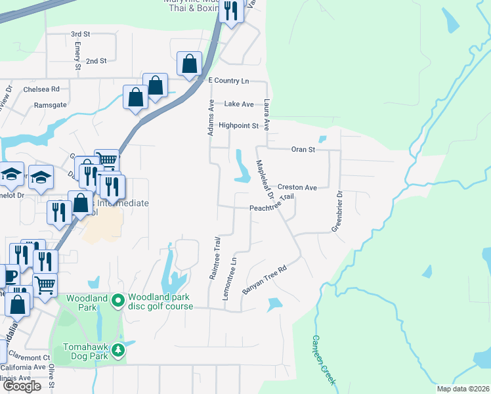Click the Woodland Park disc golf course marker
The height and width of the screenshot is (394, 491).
pos(118,301)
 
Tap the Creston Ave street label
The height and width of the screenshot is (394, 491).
pos(297,187)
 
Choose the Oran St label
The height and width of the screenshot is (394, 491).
pos(303,149)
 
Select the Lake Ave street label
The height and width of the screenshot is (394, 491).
pos(239,104)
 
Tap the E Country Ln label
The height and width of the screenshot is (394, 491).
pos(228,80)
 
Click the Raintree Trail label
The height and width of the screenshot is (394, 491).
pos(215,258)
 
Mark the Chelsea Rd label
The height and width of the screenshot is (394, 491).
pos(41,89)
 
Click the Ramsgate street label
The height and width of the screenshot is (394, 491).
pos(50,104)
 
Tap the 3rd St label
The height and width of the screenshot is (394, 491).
pos(80,33)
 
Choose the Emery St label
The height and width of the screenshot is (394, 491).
pos(77,55)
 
